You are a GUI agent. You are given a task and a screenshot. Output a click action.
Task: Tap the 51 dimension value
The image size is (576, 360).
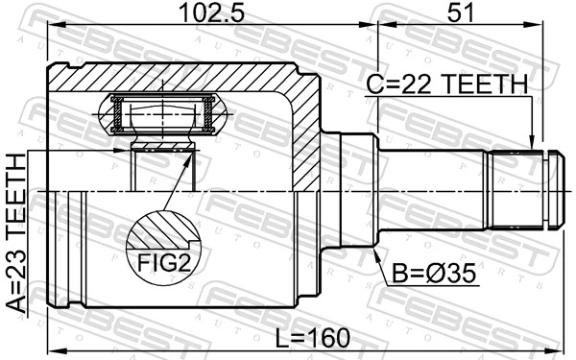pos(459,12)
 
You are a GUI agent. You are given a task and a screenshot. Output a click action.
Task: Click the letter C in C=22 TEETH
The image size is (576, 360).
pos(375,85)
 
